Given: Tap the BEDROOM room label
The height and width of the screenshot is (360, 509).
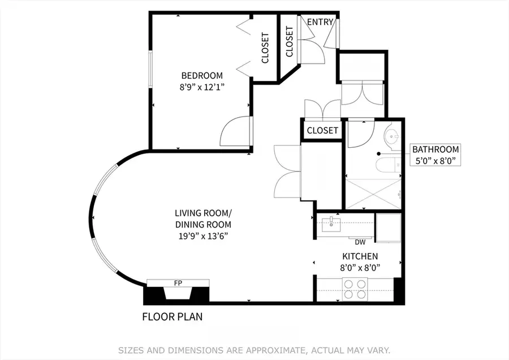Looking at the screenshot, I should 202,75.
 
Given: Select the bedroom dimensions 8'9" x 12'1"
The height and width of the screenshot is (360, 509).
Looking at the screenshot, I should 202,87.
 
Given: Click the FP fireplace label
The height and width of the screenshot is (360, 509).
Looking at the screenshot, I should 178,283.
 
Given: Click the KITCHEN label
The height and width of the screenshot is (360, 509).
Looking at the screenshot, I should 359,256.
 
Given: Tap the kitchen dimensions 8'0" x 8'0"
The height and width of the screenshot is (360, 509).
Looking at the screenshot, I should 359,268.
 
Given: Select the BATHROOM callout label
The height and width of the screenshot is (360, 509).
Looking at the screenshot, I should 435,149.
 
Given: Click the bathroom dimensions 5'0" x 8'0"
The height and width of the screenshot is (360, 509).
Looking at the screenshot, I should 435,161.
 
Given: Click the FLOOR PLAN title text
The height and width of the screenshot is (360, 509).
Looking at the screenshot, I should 172,317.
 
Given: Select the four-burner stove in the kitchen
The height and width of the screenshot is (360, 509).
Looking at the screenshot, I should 354,289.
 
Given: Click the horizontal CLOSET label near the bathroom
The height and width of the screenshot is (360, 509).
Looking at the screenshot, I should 322,130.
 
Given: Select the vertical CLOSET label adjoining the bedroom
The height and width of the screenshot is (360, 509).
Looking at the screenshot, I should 265,48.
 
